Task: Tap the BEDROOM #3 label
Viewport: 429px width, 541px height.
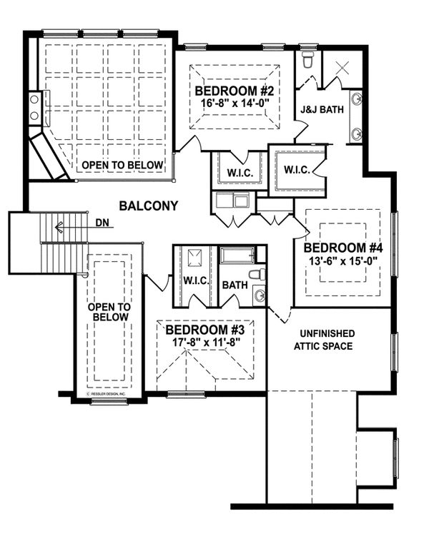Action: click(205, 330)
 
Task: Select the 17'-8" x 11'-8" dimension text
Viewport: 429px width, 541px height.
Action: click(205, 342)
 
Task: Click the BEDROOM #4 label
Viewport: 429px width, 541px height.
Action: click(344, 248)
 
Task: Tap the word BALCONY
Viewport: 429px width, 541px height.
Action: click(148, 206)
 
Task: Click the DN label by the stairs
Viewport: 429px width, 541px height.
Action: click(103, 223)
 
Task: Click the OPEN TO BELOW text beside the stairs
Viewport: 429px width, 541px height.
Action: click(108, 312)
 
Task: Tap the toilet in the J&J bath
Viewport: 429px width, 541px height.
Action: click(308, 61)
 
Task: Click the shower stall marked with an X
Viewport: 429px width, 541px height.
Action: click(340, 69)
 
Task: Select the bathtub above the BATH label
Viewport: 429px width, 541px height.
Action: click(241, 255)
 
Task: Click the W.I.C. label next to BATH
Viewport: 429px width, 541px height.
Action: click(195, 280)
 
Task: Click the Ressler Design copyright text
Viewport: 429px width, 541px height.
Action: click(106, 393)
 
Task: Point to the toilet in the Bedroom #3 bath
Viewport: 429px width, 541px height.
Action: click(257, 274)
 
